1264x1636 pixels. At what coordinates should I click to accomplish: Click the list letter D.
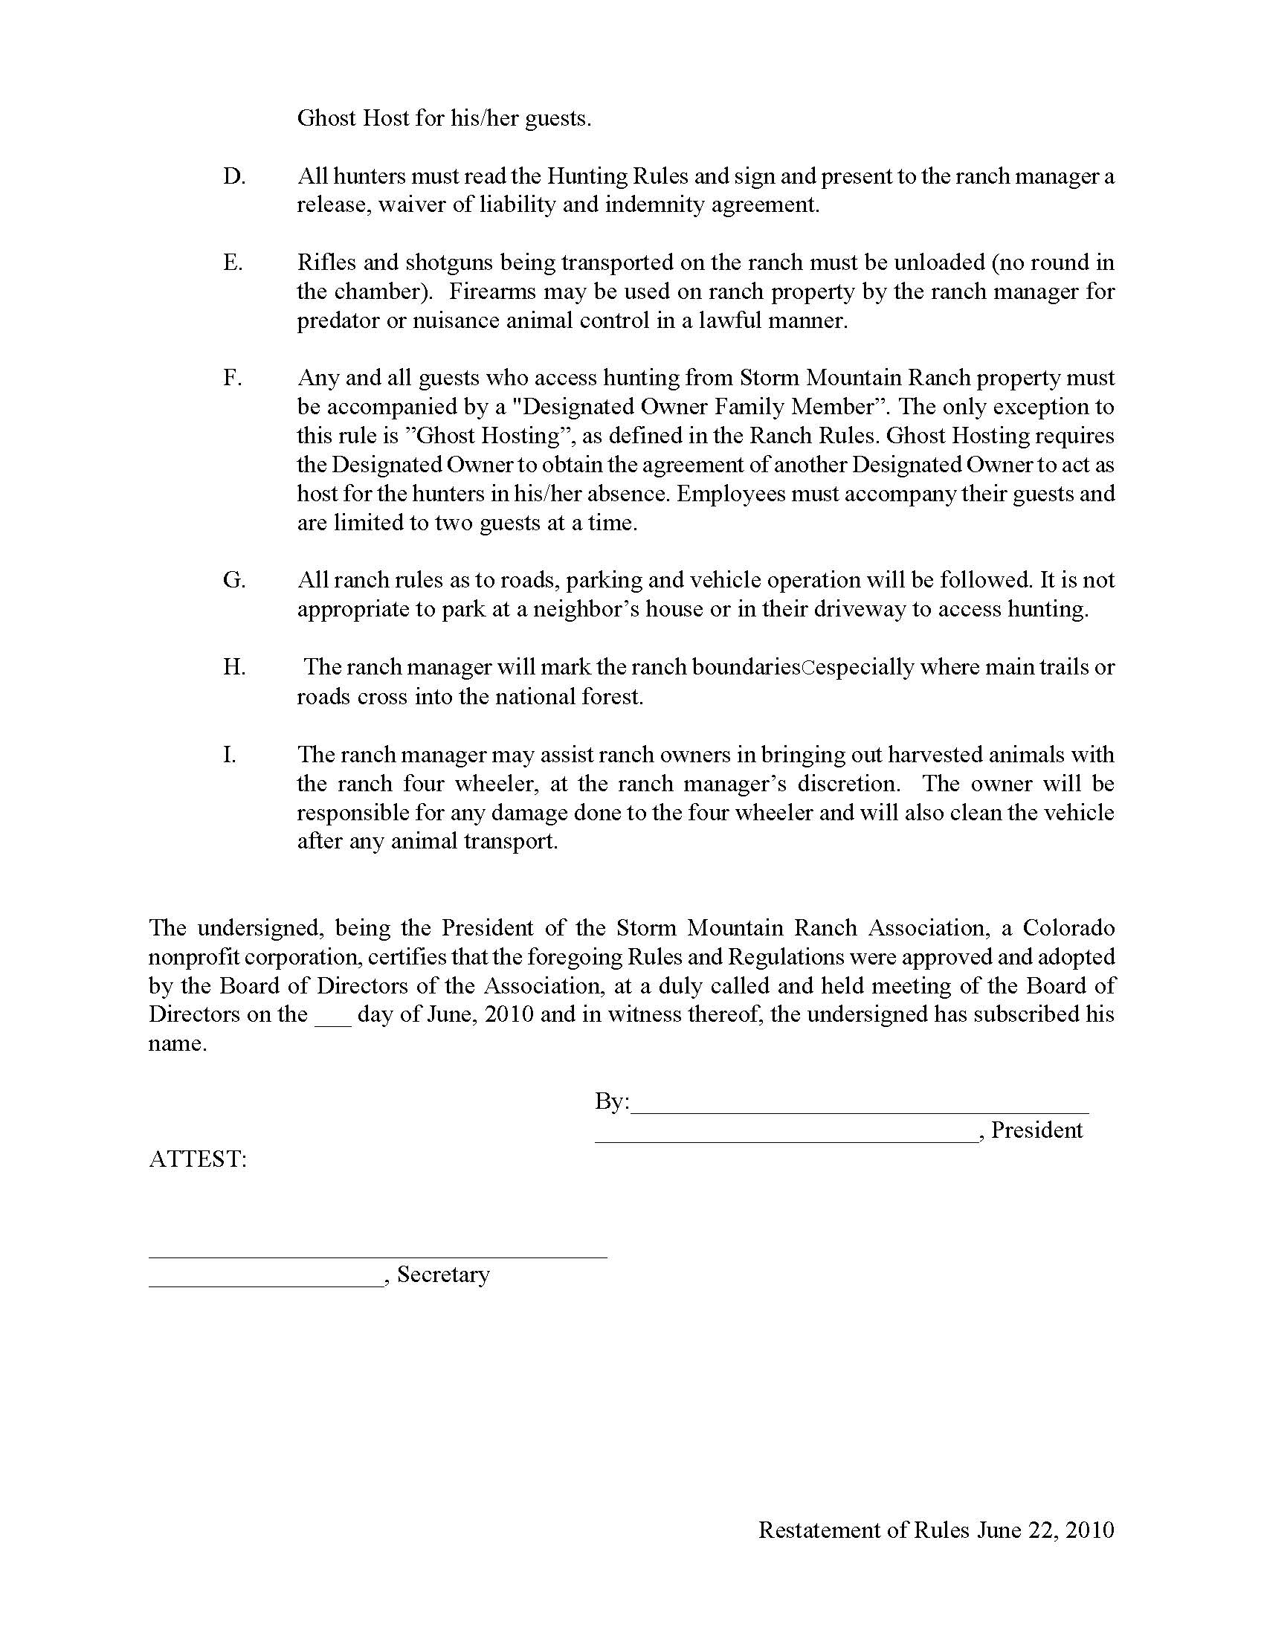(x=233, y=176)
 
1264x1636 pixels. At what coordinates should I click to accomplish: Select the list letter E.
(x=233, y=263)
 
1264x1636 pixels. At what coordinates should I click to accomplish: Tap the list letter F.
(x=232, y=378)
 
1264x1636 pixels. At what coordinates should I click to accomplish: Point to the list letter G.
(x=233, y=580)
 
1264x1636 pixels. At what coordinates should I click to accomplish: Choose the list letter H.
(x=233, y=667)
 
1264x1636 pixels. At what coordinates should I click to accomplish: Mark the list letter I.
(x=229, y=754)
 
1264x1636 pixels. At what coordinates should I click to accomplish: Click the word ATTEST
(x=198, y=1159)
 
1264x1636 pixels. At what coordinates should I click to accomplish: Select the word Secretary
(x=443, y=1274)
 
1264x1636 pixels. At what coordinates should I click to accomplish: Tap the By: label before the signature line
(x=612, y=1101)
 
